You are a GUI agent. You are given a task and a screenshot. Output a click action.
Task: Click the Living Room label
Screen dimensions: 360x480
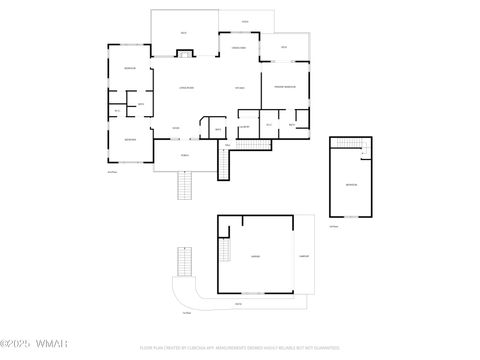coord(186,89)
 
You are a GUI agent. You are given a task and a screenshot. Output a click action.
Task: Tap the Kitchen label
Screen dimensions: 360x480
coord(240,89)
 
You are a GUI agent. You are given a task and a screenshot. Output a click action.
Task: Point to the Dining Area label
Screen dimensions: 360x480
coord(239,48)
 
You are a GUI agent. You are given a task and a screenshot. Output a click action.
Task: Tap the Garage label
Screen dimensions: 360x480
coord(256,256)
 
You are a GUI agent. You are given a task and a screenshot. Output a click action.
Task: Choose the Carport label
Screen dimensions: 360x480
coord(303,256)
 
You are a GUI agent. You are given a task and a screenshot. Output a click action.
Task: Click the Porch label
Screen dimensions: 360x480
coord(185,155)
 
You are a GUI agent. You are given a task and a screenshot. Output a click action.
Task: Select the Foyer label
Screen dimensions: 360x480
coord(176,128)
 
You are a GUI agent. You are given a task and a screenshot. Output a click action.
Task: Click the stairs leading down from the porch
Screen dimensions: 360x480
coord(184,185)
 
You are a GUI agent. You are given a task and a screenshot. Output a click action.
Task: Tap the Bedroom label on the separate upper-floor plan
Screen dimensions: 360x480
coord(350,185)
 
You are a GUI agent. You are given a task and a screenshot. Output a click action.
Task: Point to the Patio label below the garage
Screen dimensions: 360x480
coord(238,303)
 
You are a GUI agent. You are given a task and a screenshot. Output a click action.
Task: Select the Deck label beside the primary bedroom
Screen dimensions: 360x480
coord(284,47)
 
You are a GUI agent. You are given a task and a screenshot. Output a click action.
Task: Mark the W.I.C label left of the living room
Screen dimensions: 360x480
coord(117,110)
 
